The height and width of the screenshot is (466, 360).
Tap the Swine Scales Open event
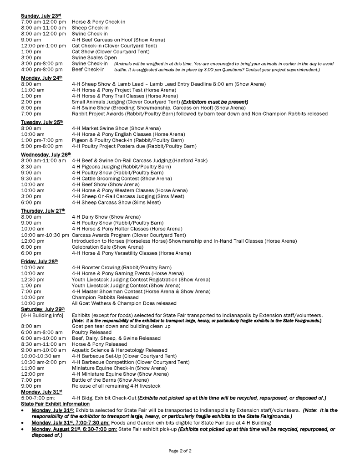(x=94, y=57)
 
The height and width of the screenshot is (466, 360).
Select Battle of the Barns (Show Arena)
(x=110, y=379)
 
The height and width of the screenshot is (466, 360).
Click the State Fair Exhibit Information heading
(x=55, y=404)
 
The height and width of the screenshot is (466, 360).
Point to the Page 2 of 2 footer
(x=180, y=451)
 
